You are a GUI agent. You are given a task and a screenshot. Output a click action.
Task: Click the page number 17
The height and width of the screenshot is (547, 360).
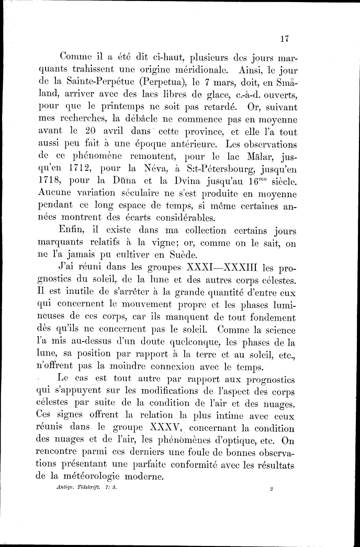pyautogui.click(x=285, y=38)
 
